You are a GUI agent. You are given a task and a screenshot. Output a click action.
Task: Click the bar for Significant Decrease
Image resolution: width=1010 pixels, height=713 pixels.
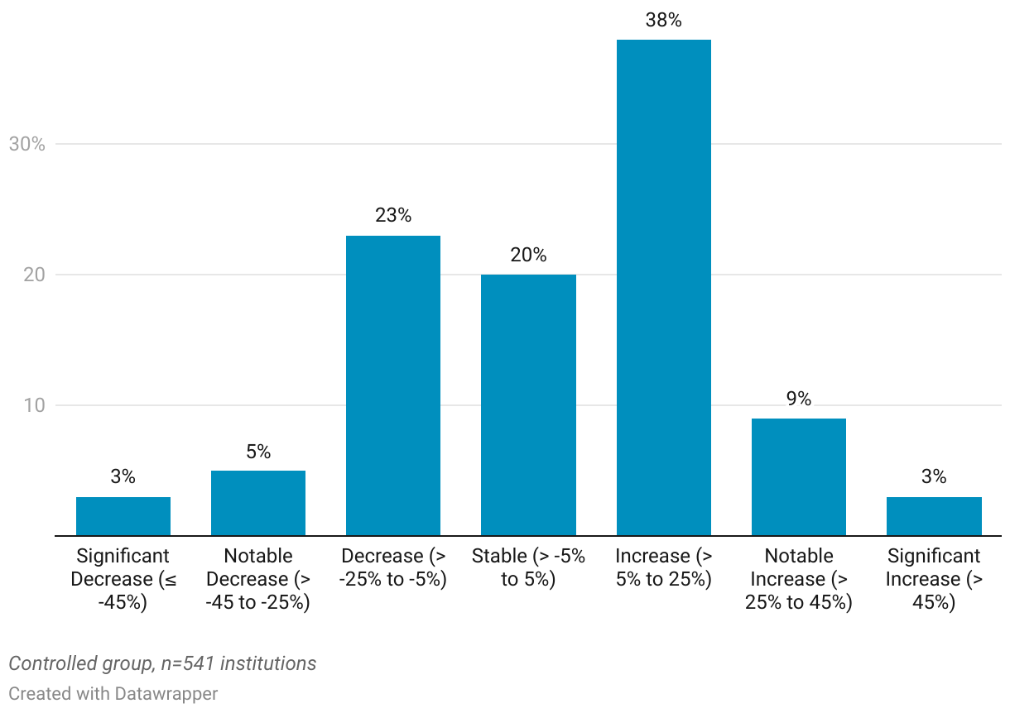tap(123, 516)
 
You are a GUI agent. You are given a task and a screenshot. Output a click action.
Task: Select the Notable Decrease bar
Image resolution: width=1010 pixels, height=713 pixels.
tap(258, 503)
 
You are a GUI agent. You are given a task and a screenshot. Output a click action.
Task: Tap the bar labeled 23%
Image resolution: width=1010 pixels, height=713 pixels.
tap(393, 385)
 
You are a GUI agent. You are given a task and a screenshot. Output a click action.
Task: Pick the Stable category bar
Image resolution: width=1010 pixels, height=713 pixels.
tap(528, 405)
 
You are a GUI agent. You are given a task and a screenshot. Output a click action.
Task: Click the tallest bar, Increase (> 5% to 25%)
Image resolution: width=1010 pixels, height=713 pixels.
tap(663, 288)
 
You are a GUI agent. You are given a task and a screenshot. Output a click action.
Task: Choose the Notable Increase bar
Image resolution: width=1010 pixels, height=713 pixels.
tap(798, 477)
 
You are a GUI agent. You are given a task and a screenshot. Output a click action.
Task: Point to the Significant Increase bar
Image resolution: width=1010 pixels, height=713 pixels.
tap(934, 516)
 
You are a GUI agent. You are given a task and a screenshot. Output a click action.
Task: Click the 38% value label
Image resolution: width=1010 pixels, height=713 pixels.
tap(663, 21)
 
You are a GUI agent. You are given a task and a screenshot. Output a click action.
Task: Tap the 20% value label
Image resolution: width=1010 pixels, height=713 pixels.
tap(528, 256)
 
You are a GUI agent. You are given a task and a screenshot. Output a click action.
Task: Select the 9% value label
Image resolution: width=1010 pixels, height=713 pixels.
tap(798, 400)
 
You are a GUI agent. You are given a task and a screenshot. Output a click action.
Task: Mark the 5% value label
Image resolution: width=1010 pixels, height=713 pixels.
tap(258, 452)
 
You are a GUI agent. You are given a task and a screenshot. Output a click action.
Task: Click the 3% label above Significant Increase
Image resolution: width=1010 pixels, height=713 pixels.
tap(934, 477)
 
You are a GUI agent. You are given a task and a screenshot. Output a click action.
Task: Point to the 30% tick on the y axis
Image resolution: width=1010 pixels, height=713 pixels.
tap(26, 144)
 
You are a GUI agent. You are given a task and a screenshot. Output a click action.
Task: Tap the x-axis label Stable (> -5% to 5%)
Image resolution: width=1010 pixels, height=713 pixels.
tap(528, 567)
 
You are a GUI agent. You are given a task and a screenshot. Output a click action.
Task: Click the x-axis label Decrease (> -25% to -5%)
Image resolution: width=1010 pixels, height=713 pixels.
tap(393, 567)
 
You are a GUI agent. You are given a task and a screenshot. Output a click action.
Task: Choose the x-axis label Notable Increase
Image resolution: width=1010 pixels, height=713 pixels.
tap(798, 579)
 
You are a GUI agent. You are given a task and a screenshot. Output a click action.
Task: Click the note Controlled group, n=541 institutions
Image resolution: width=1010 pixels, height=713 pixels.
tap(162, 663)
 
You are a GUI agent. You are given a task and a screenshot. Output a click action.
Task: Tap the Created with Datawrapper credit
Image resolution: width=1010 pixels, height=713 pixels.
tap(113, 693)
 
